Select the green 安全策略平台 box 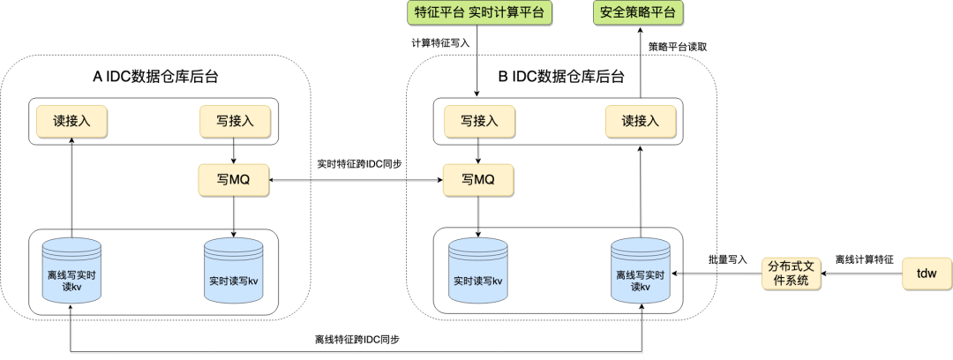point(640,13)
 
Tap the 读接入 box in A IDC point(71,121)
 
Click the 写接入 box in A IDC point(232,121)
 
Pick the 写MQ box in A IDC point(232,180)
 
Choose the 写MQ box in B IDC point(478,180)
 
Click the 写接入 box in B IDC point(478,121)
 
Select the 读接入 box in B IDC point(641,121)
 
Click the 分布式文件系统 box point(791,274)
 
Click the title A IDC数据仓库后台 point(156,77)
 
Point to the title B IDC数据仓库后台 point(561,77)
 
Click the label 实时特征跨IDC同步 point(355,164)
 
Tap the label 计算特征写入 point(440,42)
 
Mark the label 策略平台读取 point(678,46)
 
